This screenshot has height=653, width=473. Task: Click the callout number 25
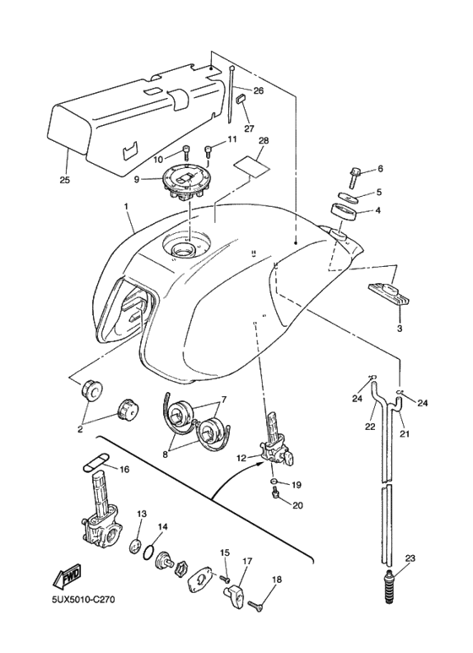pos(65,180)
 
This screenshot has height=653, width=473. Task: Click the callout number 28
pos(264,140)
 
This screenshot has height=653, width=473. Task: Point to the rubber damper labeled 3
pos(389,292)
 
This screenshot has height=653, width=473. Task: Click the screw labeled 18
pos(257,604)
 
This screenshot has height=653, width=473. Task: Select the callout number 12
pos(242,459)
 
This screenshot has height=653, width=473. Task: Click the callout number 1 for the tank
pos(127,206)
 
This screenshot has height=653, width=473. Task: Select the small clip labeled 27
pos(240,100)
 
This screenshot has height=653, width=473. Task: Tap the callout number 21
pos(404,434)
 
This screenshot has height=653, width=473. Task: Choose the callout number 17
pos(247,560)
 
